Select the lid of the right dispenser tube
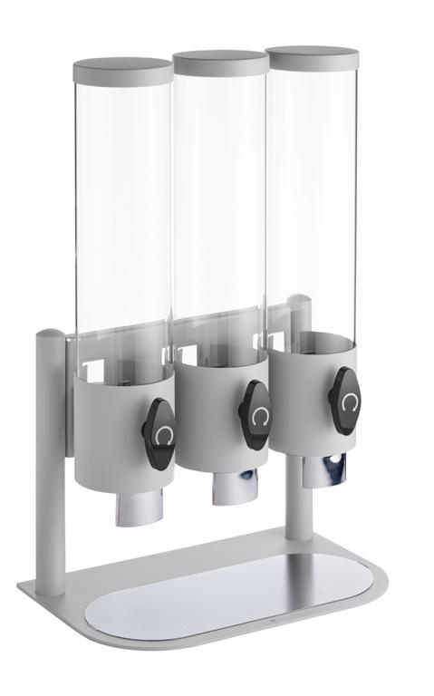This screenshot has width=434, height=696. pos(311,57)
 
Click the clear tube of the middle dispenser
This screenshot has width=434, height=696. pos(220,208)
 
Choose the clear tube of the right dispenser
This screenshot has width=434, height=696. pos(311,199)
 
